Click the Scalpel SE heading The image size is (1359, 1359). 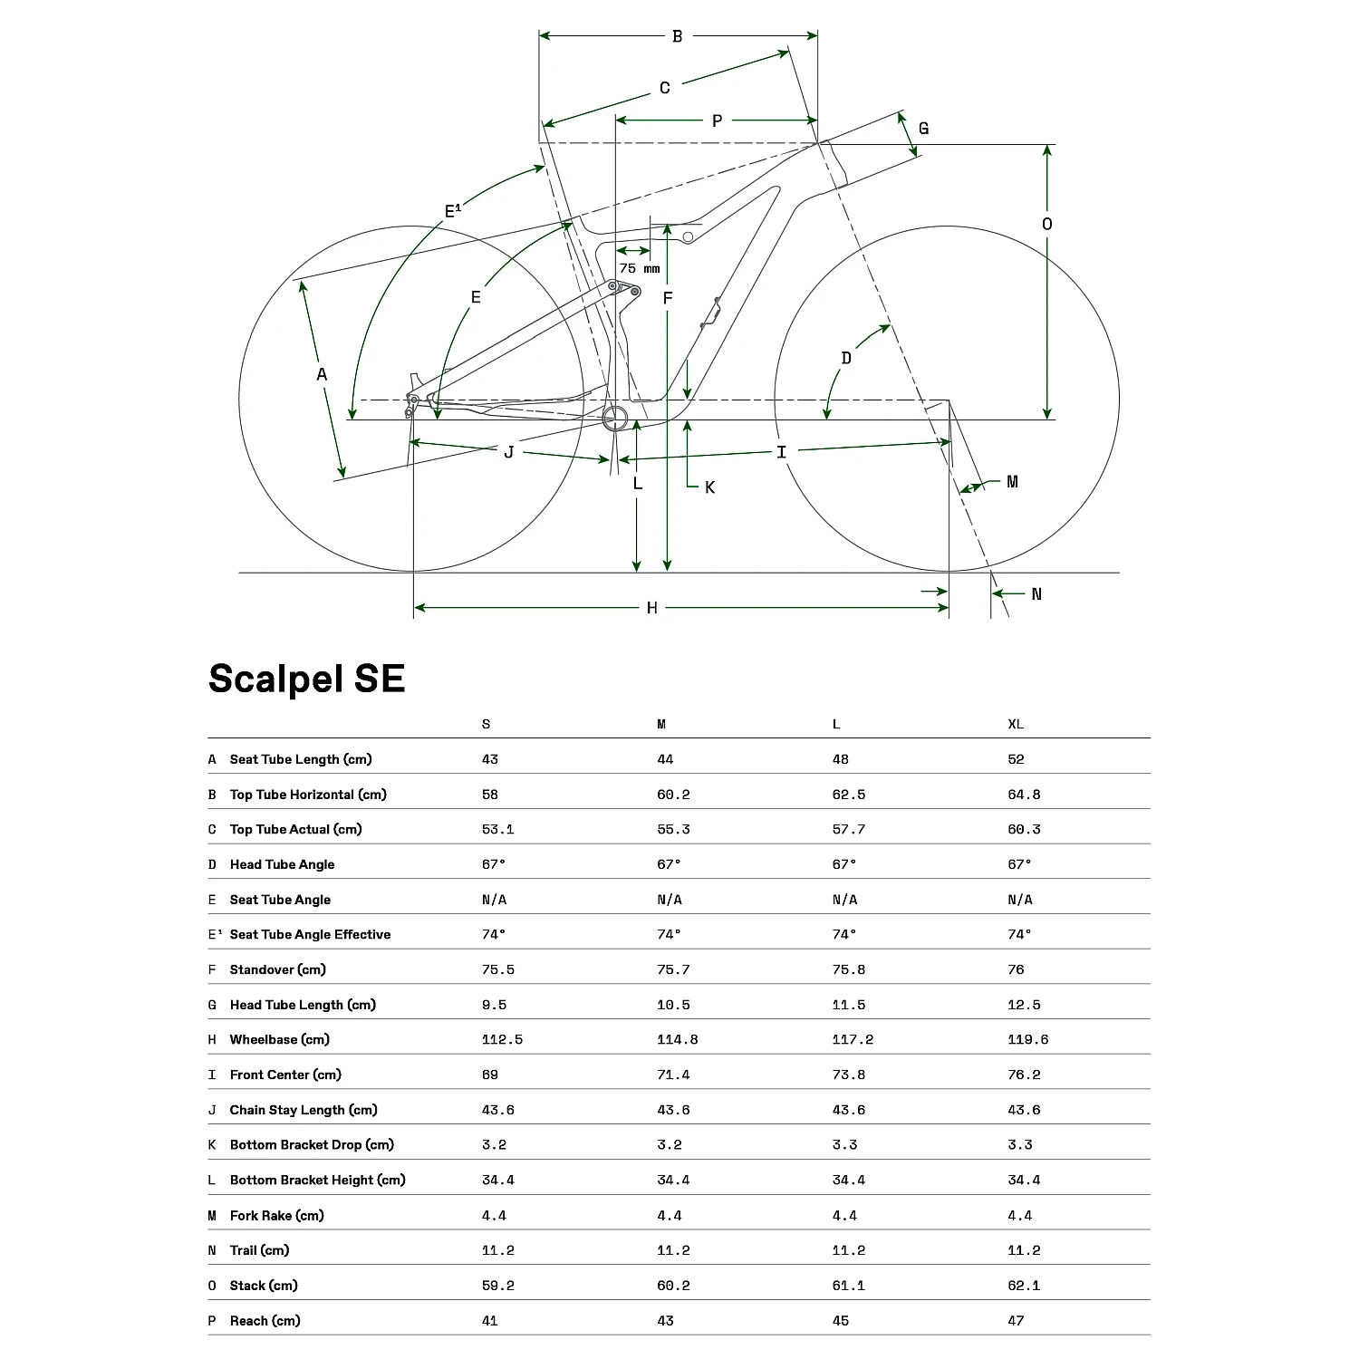306,679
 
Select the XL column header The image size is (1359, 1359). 1016,724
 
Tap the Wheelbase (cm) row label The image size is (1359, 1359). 279,1039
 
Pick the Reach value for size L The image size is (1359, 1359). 841,1320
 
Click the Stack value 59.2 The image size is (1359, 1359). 498,1285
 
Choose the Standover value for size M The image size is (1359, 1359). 673,969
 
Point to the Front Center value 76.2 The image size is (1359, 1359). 1024,1075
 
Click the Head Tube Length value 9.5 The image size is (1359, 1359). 494,1005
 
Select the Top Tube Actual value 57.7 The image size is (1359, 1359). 849,829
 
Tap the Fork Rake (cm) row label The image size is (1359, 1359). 276,1215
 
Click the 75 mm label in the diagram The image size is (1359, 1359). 640,268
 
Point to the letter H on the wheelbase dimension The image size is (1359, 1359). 651,608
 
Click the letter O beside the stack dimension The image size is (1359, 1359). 1047,224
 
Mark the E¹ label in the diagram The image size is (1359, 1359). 453,211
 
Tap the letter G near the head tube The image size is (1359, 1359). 923,129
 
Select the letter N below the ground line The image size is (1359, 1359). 1036,594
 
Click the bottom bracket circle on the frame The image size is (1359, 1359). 616,419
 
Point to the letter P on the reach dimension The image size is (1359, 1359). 717,120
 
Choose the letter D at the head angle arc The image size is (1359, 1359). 846,358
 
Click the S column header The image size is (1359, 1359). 487,724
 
